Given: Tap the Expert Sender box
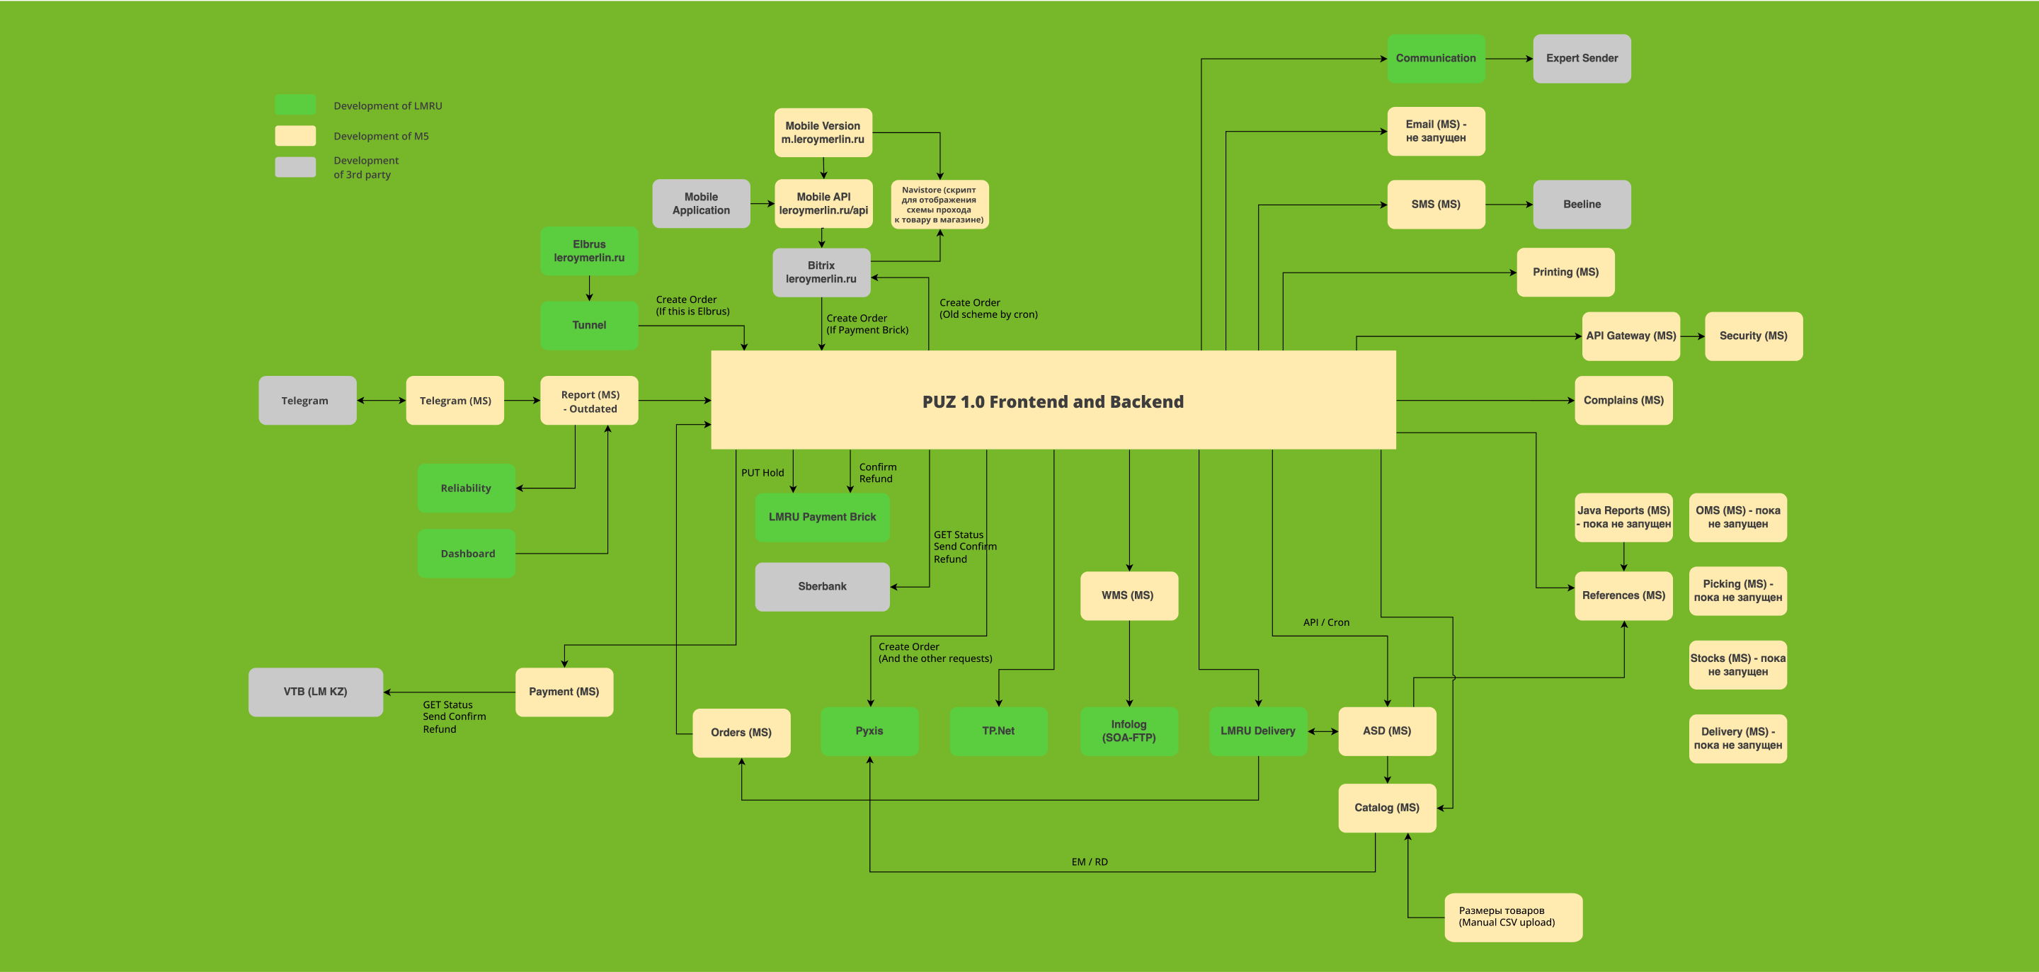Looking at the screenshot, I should pos(1582,59).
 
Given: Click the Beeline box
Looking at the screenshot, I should pos(1582,204).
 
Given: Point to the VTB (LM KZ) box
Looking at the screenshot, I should pos(315,692).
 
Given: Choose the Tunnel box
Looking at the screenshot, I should pos(589,326).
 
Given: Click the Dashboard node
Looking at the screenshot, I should pos(467,554).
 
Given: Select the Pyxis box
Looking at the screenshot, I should pos(869,731).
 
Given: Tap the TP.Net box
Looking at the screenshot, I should pos(998,731).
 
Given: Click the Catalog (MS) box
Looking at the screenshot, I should pos(1387,807).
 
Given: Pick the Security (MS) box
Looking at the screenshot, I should pos(1753,336).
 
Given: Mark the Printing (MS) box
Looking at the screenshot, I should pos(1565,273).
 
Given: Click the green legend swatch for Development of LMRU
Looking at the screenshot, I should pos(295,105).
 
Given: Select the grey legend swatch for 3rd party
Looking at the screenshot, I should pos(295,167).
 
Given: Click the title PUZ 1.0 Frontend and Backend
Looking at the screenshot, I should pos(1053,401).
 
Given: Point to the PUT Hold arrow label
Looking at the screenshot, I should pos(763,472).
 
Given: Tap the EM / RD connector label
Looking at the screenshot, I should pos(1089,862).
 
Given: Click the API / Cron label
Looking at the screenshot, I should pos(1326,622).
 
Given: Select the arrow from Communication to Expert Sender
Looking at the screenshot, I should pos(1509,59).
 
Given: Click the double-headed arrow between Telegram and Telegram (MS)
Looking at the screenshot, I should pos(381,401).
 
